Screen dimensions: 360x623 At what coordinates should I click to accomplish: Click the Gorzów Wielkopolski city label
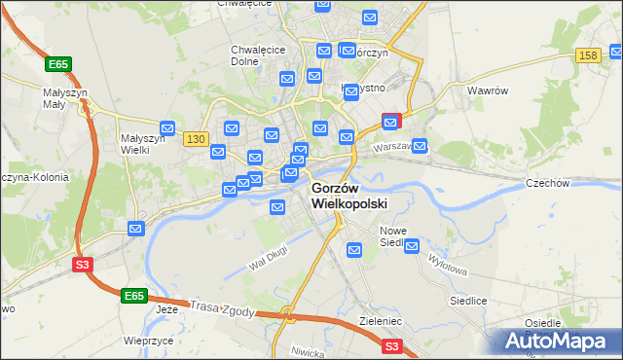pos(348,196)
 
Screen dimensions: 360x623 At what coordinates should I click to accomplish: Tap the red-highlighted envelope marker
pos(390,122)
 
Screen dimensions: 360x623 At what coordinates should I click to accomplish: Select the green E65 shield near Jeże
pos(134,294)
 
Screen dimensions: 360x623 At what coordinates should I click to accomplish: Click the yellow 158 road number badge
pos(587,57)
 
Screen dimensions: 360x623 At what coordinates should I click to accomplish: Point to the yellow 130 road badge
pos(196,139)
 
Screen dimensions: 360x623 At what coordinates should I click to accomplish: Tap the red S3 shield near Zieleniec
pos(391,345)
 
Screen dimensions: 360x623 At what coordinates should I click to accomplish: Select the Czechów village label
pos(574,183)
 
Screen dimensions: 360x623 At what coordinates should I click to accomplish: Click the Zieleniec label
pos(381,318)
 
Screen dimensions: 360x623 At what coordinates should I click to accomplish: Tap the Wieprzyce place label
pos(149,341)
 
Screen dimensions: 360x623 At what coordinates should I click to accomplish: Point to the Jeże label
pos(168,310)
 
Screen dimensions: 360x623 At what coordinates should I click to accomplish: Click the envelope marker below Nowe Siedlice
pos(354,251)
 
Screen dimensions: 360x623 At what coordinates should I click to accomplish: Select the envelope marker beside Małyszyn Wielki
pos(167,128)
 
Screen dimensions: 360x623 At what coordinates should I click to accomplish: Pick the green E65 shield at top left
pos(57,64)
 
